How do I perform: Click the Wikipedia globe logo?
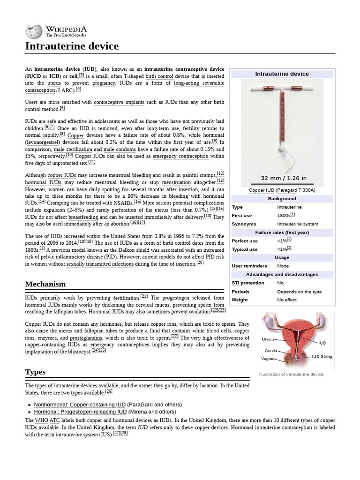tap(34, 31)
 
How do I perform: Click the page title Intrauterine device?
tap(72, 46)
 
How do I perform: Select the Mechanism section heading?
tap(45, 284)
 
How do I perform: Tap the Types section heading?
tap(35, 372)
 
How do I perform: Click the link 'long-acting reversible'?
tap(199, 83)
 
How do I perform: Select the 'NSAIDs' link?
tap(123, 203)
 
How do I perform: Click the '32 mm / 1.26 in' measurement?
tap(284, 178)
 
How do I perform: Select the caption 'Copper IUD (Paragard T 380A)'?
tap(282, 190)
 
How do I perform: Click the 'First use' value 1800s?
tap(284, 216)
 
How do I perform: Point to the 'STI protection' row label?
tap(247, 283)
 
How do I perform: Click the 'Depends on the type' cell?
tap(299, 292)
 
